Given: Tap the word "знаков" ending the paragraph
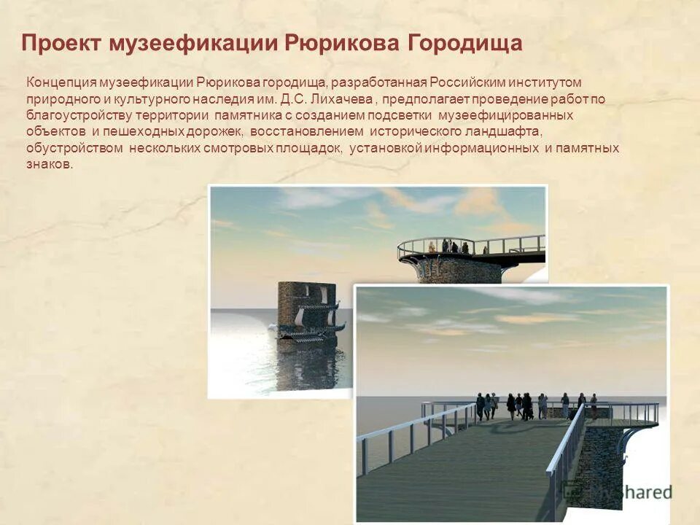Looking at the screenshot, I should pos(49,165).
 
